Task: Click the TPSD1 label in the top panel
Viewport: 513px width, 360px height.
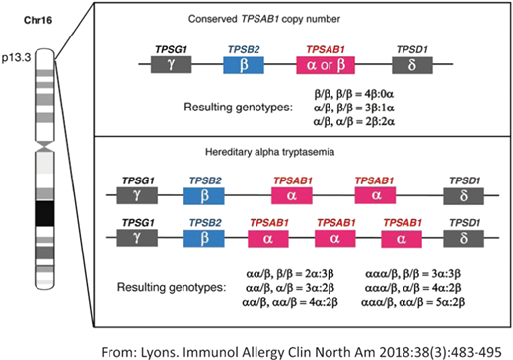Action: click(x=411, y=47)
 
